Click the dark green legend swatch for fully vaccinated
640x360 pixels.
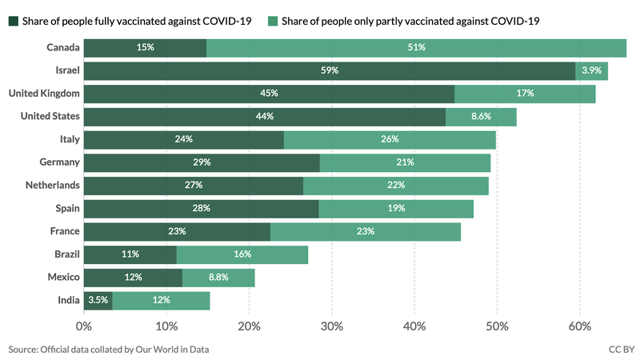pos(14,20)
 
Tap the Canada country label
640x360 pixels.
pos(63,48)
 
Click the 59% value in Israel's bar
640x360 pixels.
pos(329,70)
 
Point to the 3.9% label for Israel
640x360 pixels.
pos(591,70)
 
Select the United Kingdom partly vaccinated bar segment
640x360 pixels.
pos(525,94)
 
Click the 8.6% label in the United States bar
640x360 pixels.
pos(482,117)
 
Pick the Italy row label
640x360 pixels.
pos(70,139)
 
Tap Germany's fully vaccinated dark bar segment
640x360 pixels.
pos(202,162)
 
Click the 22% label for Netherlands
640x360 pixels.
pos(395,186)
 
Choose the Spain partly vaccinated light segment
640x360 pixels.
pos(396,208)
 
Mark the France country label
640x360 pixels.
pos(65,231)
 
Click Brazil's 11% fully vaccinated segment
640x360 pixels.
pos(130,254)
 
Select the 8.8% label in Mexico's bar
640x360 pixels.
pos(218,277)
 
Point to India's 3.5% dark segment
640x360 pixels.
pos(97,300)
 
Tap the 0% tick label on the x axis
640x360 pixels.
pos(83,326)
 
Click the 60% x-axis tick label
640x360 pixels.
pos(579,326)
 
